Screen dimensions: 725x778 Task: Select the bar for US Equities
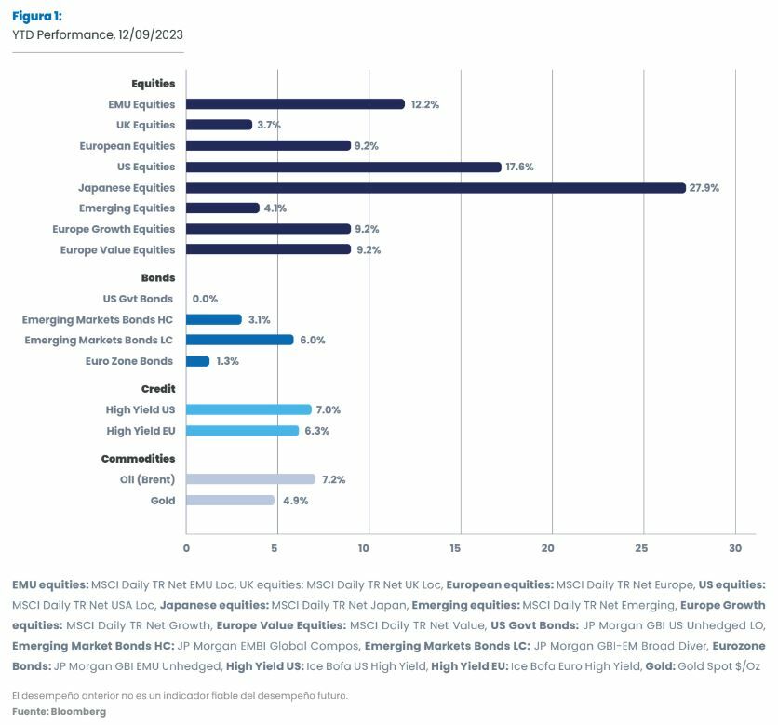click(343, 167)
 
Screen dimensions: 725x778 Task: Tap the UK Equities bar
click(219, 125)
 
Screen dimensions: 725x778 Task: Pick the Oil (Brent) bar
click(250, 479)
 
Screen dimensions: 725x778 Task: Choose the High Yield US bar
click(248, 409)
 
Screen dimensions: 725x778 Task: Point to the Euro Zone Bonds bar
click(197, 361)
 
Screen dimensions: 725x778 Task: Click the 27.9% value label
click(704, 188)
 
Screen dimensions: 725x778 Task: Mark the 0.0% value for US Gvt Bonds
click(205, 299)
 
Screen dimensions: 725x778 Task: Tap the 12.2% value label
click(424, 104)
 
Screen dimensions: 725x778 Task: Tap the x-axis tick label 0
click(186, 548)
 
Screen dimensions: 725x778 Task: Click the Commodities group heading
click(138, 458)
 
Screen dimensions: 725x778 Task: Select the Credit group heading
click(158, 389)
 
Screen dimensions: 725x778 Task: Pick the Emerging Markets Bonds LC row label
click(99, 340)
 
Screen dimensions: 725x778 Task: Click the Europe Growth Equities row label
click(114, 229)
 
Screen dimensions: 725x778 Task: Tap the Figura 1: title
click(37, 17)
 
